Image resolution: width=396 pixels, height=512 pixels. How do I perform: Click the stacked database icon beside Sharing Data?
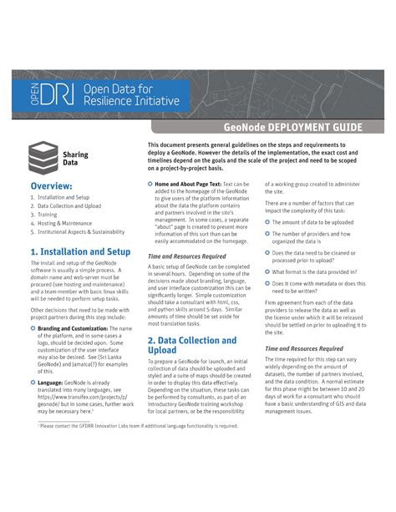41,156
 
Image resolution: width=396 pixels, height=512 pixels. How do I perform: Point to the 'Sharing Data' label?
75,159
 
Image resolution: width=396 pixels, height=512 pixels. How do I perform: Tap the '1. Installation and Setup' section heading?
79,251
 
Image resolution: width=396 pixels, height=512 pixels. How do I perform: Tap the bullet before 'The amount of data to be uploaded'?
267,222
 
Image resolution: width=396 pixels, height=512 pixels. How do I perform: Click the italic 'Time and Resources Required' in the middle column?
186,256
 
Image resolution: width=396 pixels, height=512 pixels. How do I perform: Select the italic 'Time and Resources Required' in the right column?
304,348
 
